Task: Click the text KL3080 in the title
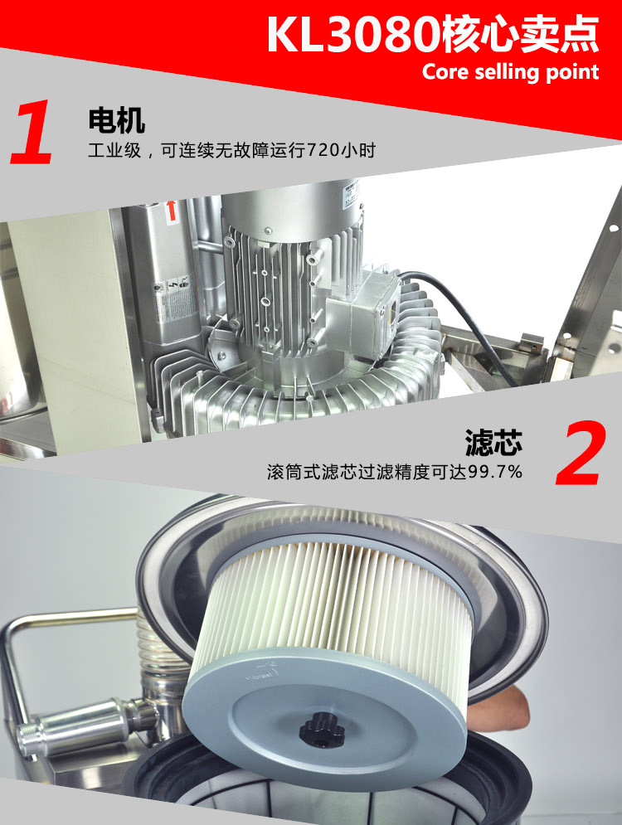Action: click(353, 35)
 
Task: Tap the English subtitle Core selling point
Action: click(510, 72)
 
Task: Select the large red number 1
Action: click(32, 132)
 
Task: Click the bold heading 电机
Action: click(116, 120)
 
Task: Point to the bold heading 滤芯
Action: click(493, 442)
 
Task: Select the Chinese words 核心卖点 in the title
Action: click(521, 35)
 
